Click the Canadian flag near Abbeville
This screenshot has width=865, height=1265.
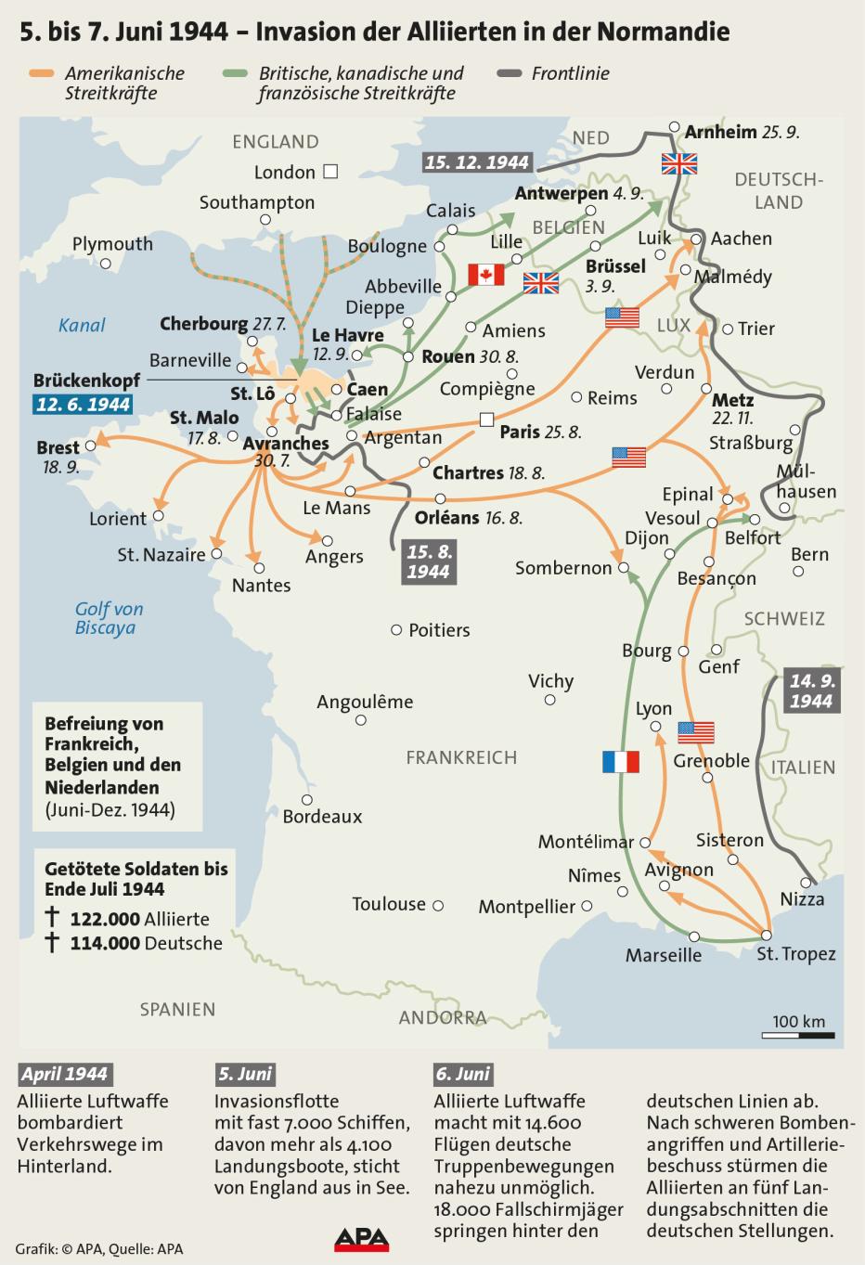click(484, 275)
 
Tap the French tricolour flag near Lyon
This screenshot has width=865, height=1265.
click(620, 762)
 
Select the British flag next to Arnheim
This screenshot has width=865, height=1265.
click(678, 163)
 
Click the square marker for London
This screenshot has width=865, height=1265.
click(330, 172)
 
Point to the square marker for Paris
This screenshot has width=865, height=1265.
click(486, 420)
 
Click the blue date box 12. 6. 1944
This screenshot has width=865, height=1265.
click(83, 404)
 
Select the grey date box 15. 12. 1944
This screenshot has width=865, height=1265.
click(477, 161)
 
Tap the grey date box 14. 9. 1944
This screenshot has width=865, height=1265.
click(811, 691)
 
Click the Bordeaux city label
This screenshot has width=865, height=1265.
click(322, 817)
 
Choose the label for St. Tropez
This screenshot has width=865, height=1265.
click(795, 954)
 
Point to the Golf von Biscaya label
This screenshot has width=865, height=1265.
click(109, 618)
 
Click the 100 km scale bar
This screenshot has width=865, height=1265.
click(803, 1034)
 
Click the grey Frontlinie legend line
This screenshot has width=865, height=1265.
click(510, 72)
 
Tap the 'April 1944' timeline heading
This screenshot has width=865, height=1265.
click(64, 1074)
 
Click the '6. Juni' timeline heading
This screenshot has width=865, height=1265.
click(462, 1074)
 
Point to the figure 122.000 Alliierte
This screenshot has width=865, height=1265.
click(139, 919)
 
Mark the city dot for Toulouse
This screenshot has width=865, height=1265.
click(438, 905)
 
